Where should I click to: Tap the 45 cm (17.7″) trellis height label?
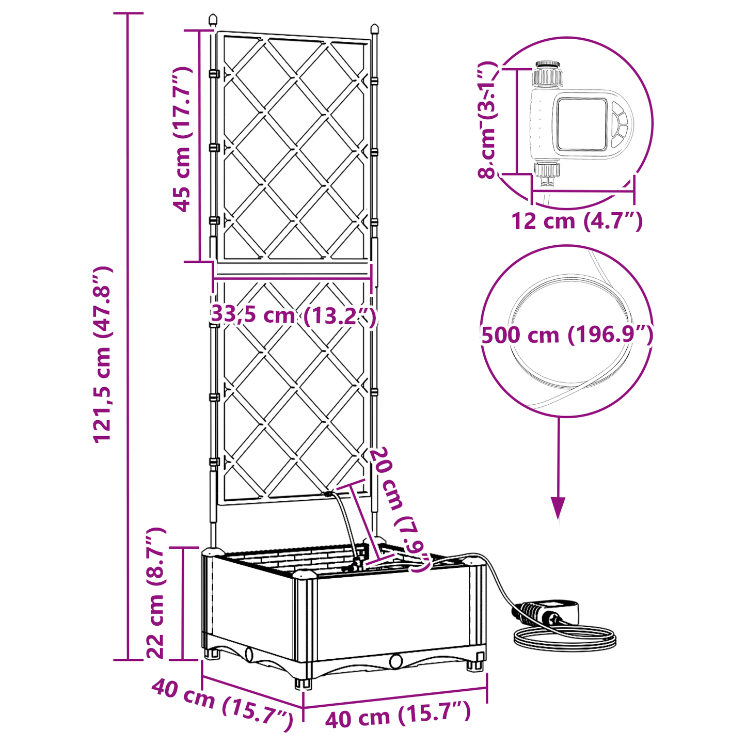click(x=182, y=139)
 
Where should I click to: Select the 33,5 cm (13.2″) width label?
click(x=293, y=315)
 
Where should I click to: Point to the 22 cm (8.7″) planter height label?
click(x=155, y=593)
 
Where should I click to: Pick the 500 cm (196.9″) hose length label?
click(x=567, y=335)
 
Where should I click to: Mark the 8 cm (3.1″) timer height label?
click(x=487, y=120)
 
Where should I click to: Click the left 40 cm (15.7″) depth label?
click(x=222, y=705)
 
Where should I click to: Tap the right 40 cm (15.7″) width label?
click(x=398, y=715)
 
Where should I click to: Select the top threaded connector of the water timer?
click(x=547, y=73)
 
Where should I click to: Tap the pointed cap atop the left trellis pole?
click(x=212, y=21)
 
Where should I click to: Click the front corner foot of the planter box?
click(x=304, y=681)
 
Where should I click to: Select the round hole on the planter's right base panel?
click(x=396, y=661)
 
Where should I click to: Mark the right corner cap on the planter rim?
click(x=474, y=560)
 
